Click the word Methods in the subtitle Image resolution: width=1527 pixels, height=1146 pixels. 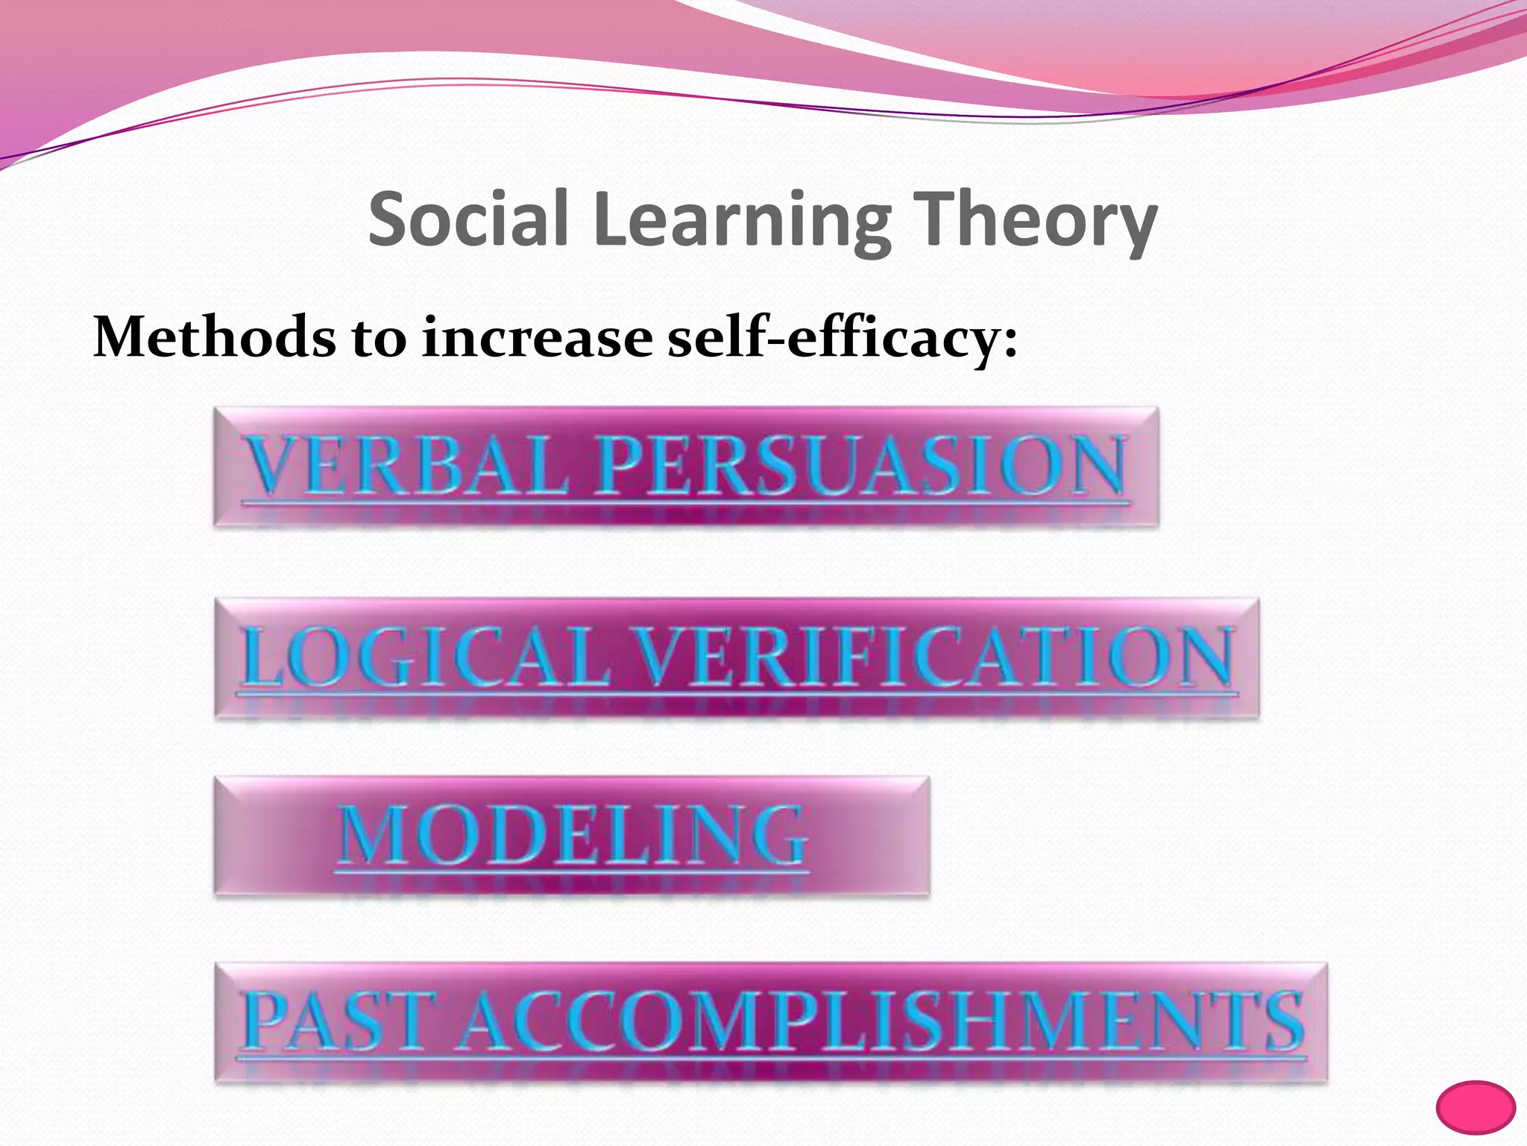(213, 337)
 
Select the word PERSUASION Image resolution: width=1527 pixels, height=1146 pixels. (861, 466)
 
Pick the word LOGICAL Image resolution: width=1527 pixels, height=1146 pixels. (425, 657)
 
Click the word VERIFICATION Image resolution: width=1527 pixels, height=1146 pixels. (936, 657)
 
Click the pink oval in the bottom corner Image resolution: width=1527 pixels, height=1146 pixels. (1476, 1107)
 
